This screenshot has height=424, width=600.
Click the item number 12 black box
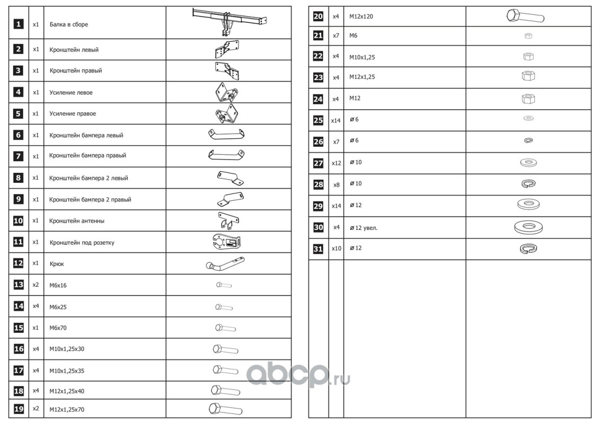[x=18, y=263]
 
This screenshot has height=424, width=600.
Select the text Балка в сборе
[x=69, y=24]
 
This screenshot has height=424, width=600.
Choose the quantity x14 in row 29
[x=336, y=206]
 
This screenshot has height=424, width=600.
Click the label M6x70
[x=58, y=328]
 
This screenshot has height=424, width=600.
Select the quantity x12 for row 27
[x=336, y=163]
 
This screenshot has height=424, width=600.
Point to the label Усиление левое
[x=71, y=92]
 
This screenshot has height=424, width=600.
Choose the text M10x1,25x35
[x=67, y=371]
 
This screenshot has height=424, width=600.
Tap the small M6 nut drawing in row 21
[x=527, y=36]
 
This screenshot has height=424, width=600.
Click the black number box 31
[x=318, y=249]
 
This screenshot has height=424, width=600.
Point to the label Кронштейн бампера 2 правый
[x=90, y=200]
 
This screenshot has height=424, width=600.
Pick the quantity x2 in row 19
[x=36, y=409]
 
